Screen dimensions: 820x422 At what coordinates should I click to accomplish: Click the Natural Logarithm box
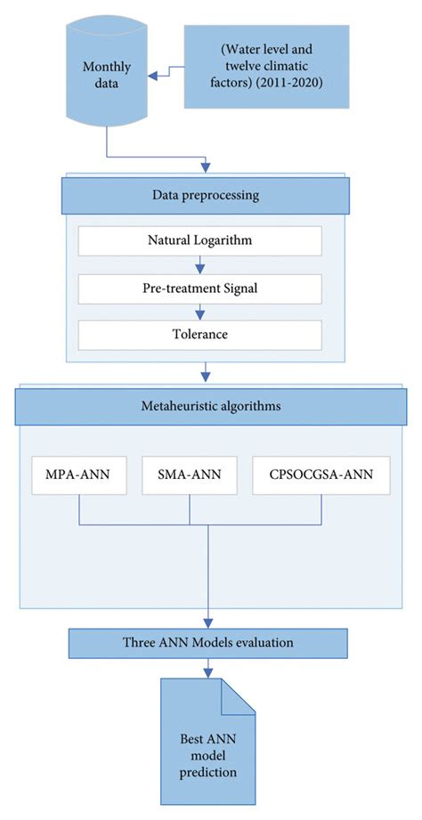[200, 240]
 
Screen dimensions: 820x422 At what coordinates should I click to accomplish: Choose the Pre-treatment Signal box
[200, 288]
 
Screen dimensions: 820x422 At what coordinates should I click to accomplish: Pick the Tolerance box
[200, 336]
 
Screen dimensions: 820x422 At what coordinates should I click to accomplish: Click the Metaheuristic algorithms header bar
[207, 407]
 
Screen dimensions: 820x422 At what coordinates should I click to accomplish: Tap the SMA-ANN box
[190, 475]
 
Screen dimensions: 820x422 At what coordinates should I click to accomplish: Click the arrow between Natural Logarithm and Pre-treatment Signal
[200, 264]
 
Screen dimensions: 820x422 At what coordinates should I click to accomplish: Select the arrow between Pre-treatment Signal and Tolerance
[200, 312]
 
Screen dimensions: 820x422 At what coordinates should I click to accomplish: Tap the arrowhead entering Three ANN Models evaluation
[207, 623]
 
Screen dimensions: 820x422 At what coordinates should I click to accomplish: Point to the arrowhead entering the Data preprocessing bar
[207, 167]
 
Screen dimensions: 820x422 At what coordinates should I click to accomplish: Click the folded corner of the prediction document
[239, 693]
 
